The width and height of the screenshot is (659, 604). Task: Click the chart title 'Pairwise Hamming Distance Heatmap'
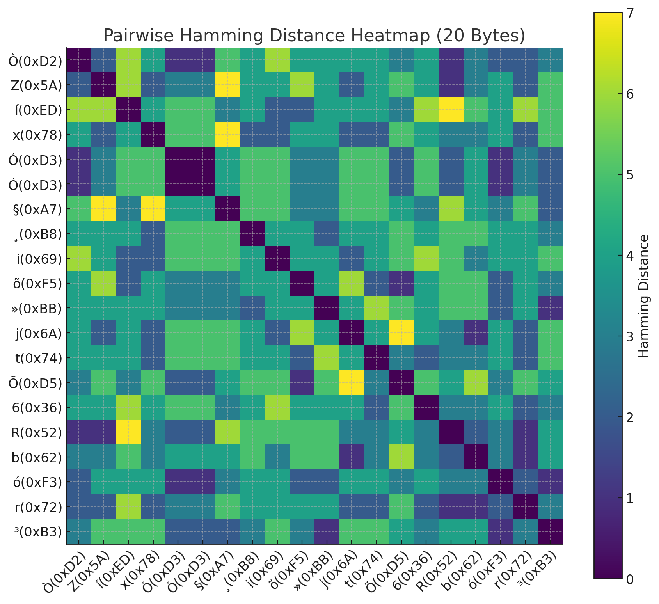[314, 36]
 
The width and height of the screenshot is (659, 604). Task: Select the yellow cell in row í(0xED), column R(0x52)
[451, 110]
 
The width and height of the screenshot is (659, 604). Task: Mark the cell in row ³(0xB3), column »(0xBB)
[327, 531]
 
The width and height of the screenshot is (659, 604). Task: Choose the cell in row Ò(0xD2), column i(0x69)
[277, 60]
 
